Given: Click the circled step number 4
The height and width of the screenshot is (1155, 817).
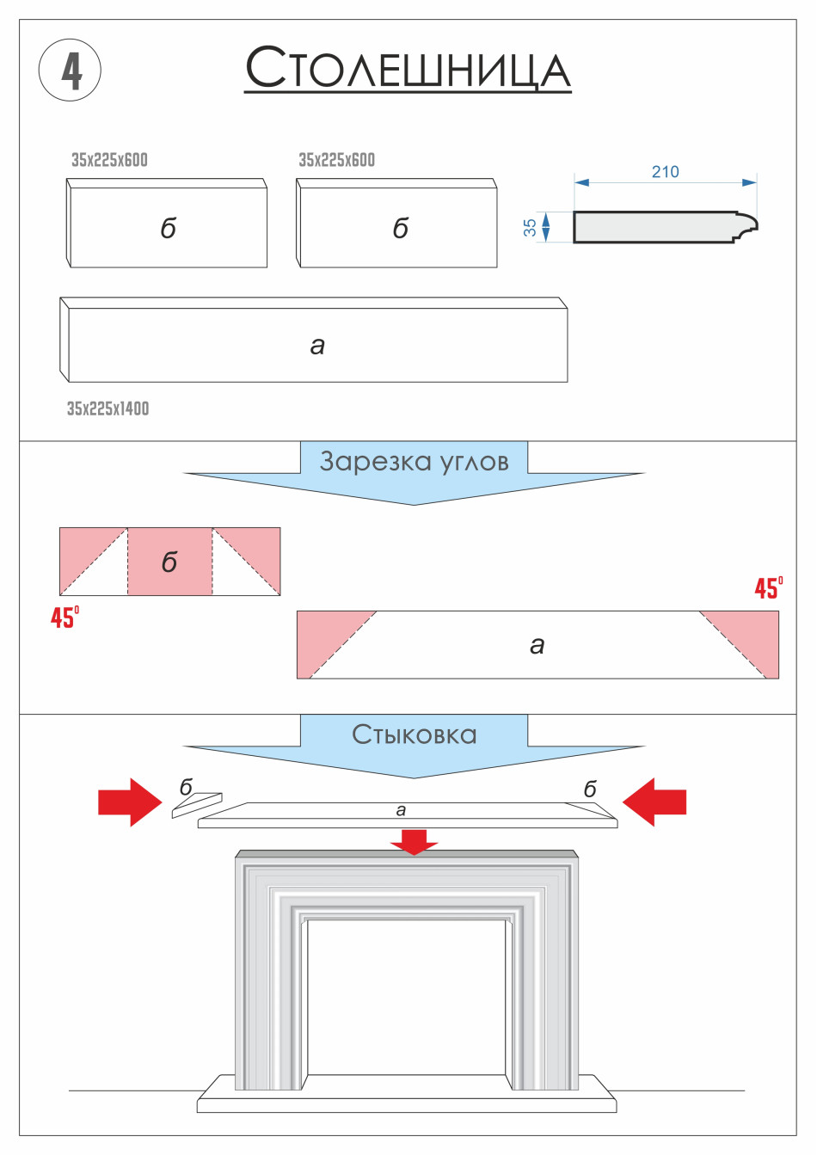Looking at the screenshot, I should point(71,71).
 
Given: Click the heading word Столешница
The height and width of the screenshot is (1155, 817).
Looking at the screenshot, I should point(408,69).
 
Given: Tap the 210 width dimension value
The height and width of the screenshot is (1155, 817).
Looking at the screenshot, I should point(665,172).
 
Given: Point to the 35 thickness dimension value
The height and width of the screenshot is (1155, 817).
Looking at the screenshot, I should point(530,227).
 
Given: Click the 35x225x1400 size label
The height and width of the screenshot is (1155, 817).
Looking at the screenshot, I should point(107,409).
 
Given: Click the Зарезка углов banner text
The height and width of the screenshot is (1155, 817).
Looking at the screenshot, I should point(414,462).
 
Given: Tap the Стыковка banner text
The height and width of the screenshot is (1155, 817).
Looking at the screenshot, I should point(414,734).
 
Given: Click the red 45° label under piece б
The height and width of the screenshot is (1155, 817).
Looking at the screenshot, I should point(64,617).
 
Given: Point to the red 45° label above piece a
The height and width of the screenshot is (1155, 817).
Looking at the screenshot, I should point(768,588).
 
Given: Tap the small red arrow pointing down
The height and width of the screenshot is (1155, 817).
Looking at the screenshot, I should point(414,842).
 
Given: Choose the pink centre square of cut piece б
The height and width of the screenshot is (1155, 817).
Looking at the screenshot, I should point(169,562).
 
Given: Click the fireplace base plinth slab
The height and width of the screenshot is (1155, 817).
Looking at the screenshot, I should point(406,1100).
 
